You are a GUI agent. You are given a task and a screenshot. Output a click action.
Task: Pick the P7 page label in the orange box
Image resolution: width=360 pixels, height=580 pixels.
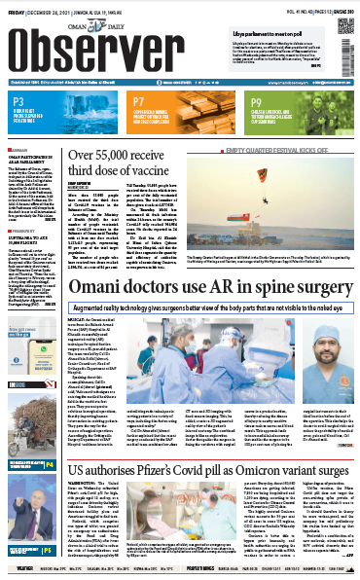[139, 101]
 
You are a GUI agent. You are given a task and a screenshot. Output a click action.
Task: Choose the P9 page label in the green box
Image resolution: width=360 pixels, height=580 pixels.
[256, 101]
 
